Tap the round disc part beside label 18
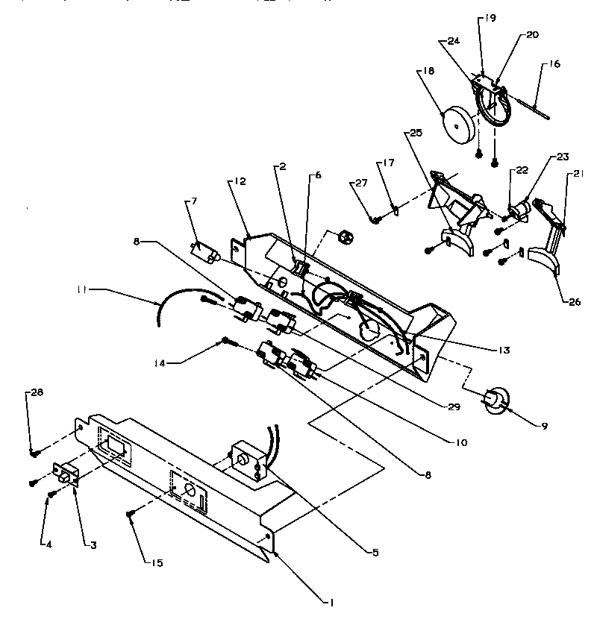tap(457, 124)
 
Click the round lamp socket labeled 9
tap(494, 401)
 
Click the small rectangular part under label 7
tap(203, 253)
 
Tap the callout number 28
tap(34, 392)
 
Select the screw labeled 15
tap(131, 514)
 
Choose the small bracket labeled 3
tap(66, 475)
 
